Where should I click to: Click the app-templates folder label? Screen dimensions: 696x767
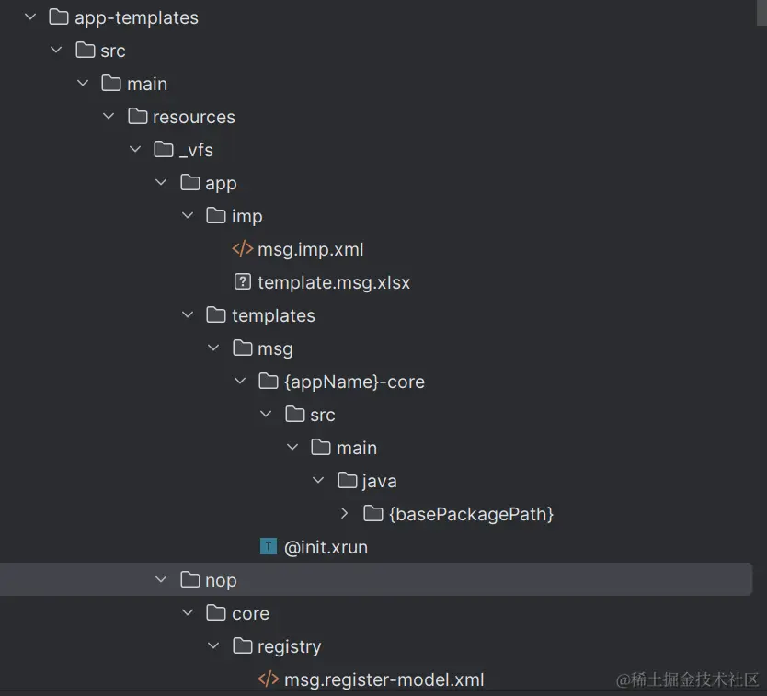click(136, 17)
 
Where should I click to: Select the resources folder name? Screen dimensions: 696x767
click(194, 117)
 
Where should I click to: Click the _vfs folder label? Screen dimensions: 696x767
click(196, 150)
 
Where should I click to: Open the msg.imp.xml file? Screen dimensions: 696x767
click(310, 249)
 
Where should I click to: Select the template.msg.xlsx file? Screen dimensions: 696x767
click(333, 282)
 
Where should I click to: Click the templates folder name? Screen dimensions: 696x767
click(273, 315)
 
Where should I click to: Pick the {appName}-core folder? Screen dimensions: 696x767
click(354, 382)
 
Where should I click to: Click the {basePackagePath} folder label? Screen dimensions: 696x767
click(471, 514)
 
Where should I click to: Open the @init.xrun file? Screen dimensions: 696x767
click(326, 547)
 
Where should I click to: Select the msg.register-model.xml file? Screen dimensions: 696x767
click(383, 679)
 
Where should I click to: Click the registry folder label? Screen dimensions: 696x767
click(289, 646)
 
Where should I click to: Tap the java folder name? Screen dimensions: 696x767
click(380, 481)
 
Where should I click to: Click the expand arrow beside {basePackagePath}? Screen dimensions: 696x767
click(344, 514)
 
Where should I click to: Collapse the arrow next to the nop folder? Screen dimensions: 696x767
click(161, 580)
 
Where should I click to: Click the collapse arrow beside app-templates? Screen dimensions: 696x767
click(30, 17)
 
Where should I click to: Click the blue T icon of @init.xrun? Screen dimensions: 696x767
click(269, 547)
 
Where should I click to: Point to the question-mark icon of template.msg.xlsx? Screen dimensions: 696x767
click(243, 282)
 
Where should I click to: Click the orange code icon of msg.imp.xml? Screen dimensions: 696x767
click(243, 249)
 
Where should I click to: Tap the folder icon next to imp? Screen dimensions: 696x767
click(216, 216)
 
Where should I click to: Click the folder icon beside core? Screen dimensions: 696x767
click(216, 613)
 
